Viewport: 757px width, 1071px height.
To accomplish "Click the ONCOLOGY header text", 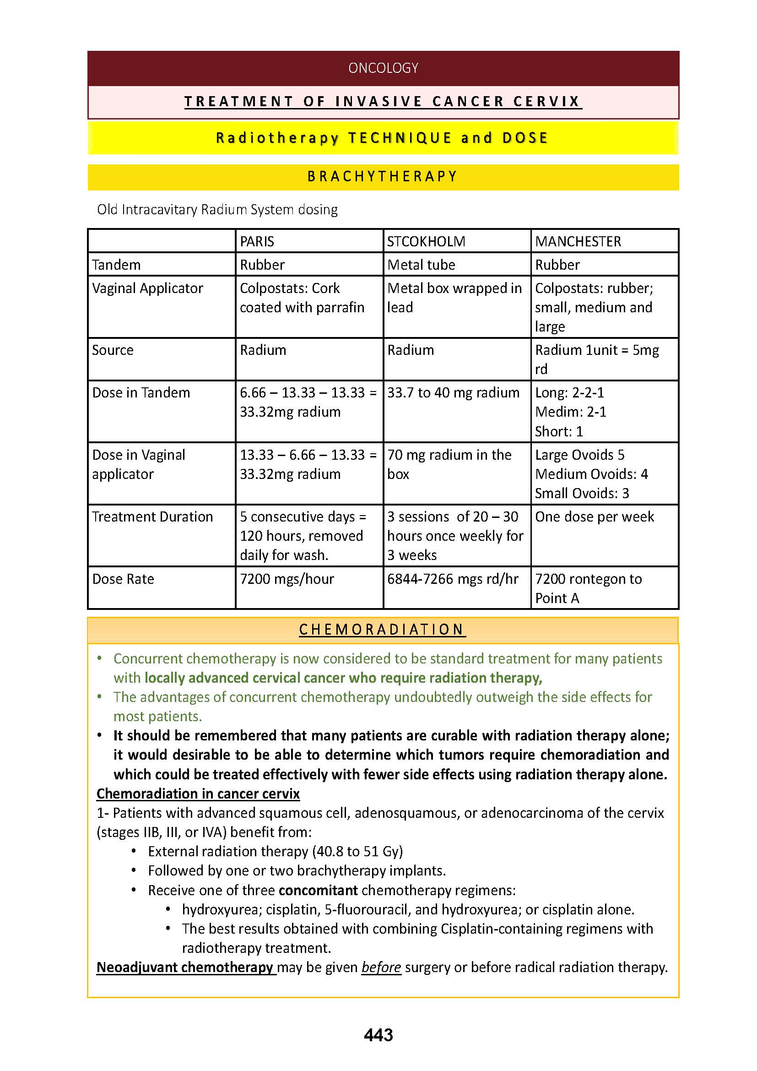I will click(383, 68).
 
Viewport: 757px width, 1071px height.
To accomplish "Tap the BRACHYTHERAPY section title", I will click(383, 176).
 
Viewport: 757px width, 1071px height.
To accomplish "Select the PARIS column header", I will click(257, 241).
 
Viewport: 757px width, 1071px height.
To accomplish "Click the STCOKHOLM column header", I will click(426, 241).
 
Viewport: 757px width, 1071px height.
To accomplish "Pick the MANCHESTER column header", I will click(578, 241).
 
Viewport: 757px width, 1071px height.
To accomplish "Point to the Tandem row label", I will click(116, 265).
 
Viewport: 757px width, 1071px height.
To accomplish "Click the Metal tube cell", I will click(421, 265).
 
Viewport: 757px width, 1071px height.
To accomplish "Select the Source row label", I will click(112, 350).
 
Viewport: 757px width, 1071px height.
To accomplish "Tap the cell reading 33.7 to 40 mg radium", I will click(453, 392).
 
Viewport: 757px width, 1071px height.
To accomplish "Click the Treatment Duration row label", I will click(152, 516).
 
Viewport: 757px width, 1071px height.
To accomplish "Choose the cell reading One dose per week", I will click(595, 516).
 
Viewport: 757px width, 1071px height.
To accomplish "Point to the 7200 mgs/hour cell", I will click(287, 579).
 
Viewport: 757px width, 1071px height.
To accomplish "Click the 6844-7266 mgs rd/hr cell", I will click(453, 579).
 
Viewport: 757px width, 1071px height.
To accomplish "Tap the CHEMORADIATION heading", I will click(382, 629).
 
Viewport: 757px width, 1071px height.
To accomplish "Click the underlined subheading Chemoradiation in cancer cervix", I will click(198, 794).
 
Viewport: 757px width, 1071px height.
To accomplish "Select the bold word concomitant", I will click(318, 890).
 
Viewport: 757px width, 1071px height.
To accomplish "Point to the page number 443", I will click(378, 1035).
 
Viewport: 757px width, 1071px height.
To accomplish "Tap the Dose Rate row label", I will click(123, 579).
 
